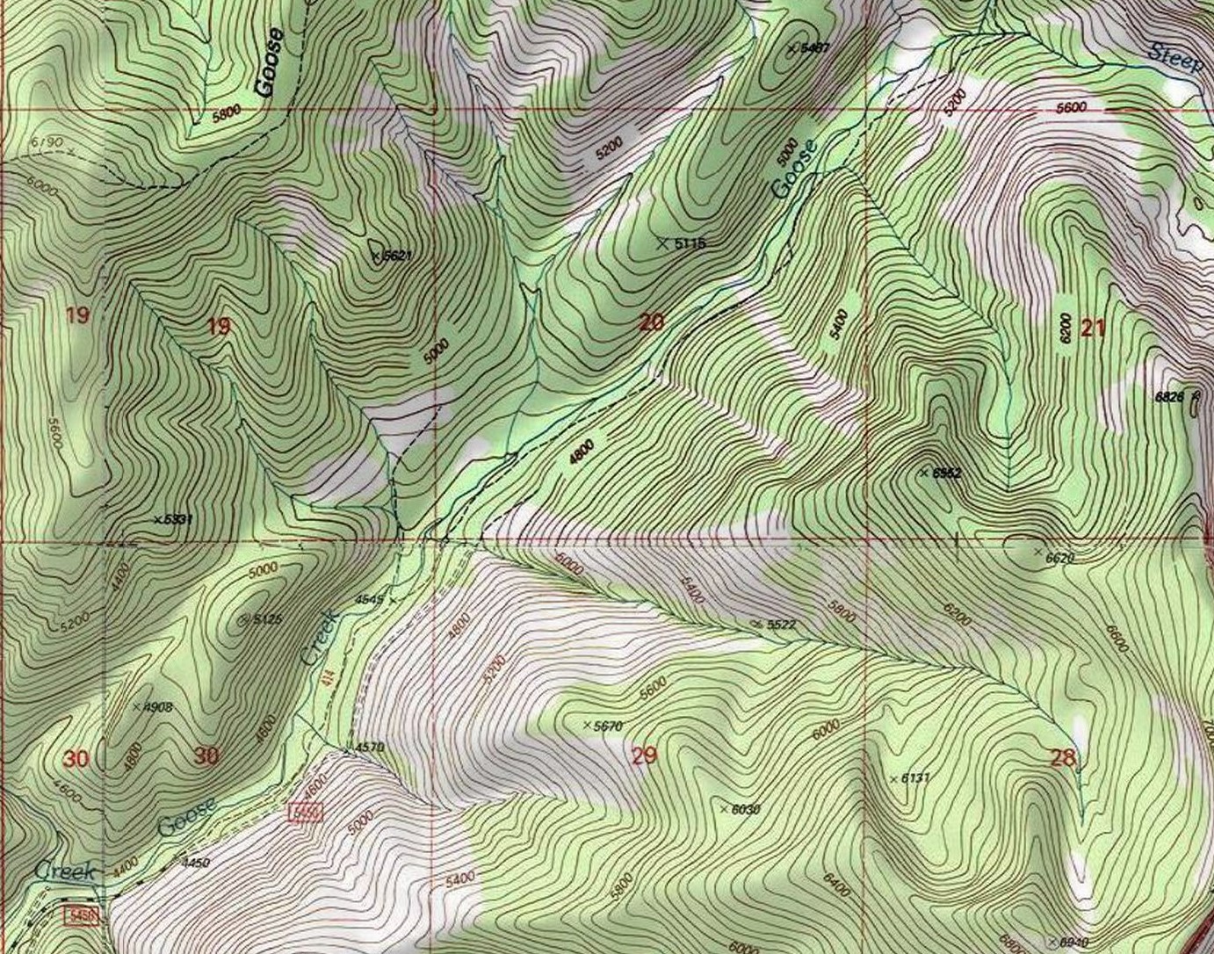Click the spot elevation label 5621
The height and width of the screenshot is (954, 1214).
tap(395, 256)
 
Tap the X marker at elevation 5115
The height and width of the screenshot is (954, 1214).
tap(662, 242)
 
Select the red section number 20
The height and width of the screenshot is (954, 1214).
tap(651, 322)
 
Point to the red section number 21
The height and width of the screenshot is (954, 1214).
tap(1093, 329)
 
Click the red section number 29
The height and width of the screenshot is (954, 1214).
tap(644, 755)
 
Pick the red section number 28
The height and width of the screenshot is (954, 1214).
tap(1063, 757)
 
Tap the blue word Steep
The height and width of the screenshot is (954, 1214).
tap(1175, 57)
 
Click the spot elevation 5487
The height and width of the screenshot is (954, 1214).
tap(813, 48)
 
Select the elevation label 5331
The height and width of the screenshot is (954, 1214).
tap(176, 519)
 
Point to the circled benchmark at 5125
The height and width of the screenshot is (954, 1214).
tap(244, 619)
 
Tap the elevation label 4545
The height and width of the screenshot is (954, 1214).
tap(369, 600)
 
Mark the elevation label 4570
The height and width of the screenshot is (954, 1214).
tap(369, 748)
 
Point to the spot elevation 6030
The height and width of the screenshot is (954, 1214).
tap(743, 809)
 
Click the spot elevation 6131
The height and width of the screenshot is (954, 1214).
tap(914, 778)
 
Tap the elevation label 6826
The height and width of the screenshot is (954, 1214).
tap(1169, 397)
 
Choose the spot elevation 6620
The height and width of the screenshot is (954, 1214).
tap(1059, 557)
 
